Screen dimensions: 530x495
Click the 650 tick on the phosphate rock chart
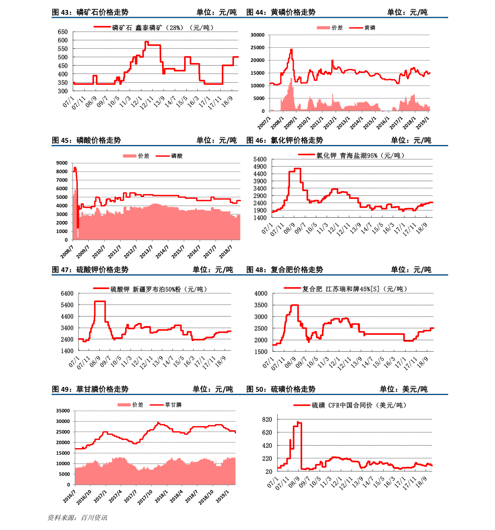click(62, 32)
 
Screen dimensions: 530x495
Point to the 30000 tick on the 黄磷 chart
click(257, 35)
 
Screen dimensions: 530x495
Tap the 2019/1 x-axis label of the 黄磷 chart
click(423, 123)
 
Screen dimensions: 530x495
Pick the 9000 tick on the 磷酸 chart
click(62, 163)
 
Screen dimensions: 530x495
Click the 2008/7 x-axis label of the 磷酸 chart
click(67, 252)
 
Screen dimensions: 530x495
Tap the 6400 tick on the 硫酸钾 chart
click(67, 294)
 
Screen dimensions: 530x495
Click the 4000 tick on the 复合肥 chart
click(261, 294)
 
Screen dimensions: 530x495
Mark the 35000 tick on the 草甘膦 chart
click(63, 411)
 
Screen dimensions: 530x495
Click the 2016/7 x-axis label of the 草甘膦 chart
click(69, 497)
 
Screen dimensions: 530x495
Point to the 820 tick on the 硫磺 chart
click(267, 420)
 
